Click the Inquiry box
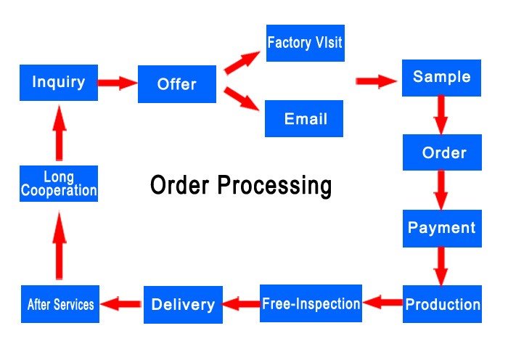[x=58, y=83]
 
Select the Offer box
[x=177, y=84]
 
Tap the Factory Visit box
[x=304, y=42]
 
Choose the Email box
[x=304, y=118]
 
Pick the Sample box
[x=441, y=78]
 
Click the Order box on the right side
[x=443, y=152]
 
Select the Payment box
[x=441, y=228]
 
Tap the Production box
[x=442, y=304]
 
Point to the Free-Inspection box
[x=311, y=303]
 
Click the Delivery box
[x=182, y=305]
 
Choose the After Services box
[x=60, y=305]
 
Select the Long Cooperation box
[x=59, y=184]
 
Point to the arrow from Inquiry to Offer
[x=117, y=83]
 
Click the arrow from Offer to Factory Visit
[x=242, y=62]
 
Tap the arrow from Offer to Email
[x=242, y=99]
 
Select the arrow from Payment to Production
[x=441, y=266]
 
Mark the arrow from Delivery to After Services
[x=121, y=304]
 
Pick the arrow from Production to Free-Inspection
[x=382, y=302]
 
